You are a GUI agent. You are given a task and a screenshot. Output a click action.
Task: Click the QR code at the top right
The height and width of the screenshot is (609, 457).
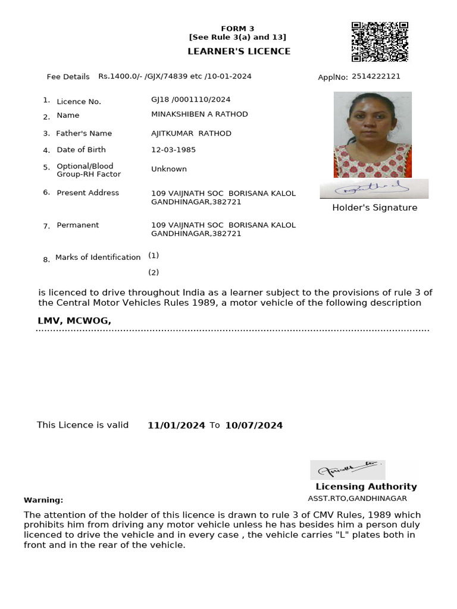(x=380, y=42)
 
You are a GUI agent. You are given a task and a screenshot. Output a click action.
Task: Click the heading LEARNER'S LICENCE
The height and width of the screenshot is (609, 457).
(x=239, y=51)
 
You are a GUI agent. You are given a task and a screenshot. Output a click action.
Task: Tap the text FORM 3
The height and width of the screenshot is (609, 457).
(x=237, y=29)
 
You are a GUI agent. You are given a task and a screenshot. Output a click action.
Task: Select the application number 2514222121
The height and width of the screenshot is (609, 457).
(x=376, y=76)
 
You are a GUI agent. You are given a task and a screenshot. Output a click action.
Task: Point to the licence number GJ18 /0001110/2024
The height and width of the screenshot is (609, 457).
(x=190, y=99)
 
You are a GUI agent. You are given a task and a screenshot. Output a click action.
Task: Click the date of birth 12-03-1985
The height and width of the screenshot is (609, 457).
(x=173, y=150)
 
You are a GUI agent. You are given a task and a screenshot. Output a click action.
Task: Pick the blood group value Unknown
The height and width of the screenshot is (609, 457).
(x=169, y=169)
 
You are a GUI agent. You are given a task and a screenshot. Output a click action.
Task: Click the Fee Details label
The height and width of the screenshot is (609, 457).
(x=68, y=77)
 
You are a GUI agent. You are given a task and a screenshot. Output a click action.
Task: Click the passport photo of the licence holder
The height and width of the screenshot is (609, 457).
(x=373, y=134)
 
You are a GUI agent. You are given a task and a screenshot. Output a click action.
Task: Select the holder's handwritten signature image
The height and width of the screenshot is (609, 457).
(x=374, y=189)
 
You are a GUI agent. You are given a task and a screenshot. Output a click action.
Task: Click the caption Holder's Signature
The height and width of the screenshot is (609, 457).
(x=374, y=208)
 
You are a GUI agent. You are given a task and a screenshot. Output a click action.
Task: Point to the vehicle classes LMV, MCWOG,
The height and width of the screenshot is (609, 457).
(x=74, y=321)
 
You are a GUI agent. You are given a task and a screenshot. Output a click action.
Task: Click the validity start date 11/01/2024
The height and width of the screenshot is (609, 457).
(x=176, y=425)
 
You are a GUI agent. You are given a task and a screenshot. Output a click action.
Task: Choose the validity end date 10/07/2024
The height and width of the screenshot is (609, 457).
(x=253, y=425)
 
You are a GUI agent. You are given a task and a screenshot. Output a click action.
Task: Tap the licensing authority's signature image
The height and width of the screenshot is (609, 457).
(x=348, y=470)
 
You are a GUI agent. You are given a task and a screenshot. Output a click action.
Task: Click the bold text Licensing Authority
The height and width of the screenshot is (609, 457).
(x=366, y=486)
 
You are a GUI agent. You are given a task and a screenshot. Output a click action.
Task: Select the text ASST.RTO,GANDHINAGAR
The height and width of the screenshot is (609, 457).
(x=357, y=498)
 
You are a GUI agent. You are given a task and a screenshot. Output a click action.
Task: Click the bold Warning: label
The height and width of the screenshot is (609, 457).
(x=43, y=500)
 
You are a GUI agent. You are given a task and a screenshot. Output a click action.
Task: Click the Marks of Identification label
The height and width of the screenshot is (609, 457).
(x=98, y=257)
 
